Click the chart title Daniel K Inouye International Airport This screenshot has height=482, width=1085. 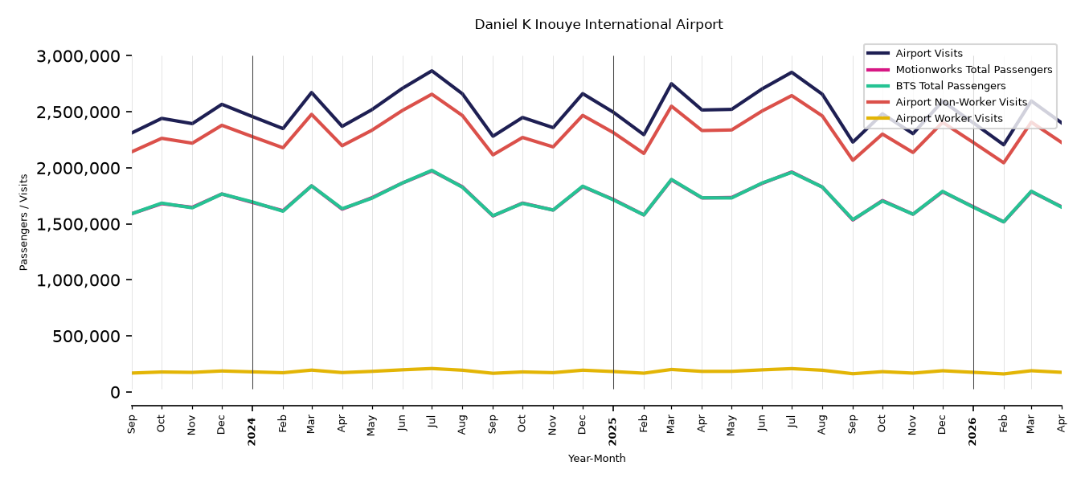[x=598, y=25]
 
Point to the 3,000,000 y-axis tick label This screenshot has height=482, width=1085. [x=78, y=56]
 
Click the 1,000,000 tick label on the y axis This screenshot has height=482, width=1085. [x=78, y=280]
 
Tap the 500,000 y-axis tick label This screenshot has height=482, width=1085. [x=86, y=336]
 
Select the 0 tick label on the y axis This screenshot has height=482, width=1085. [x=115, y=392]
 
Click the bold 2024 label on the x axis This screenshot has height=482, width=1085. [x=252, y=431]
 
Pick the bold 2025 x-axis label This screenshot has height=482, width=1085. [x=612, y=431]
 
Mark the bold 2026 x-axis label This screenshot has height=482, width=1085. [x=972, y=431]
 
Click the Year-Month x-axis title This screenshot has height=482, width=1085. [x=596, y=458]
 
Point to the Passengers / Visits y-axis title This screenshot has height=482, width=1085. [x=23, y=223]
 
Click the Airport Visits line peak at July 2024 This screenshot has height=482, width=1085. [x=432, y=71]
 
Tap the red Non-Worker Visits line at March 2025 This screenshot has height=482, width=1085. [x=671, y=106]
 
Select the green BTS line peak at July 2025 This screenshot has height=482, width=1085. [x=792, y=172]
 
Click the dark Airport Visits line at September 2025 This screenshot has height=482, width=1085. [x=853, y=142]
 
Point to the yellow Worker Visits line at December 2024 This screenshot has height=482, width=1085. [x=582, y=370]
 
